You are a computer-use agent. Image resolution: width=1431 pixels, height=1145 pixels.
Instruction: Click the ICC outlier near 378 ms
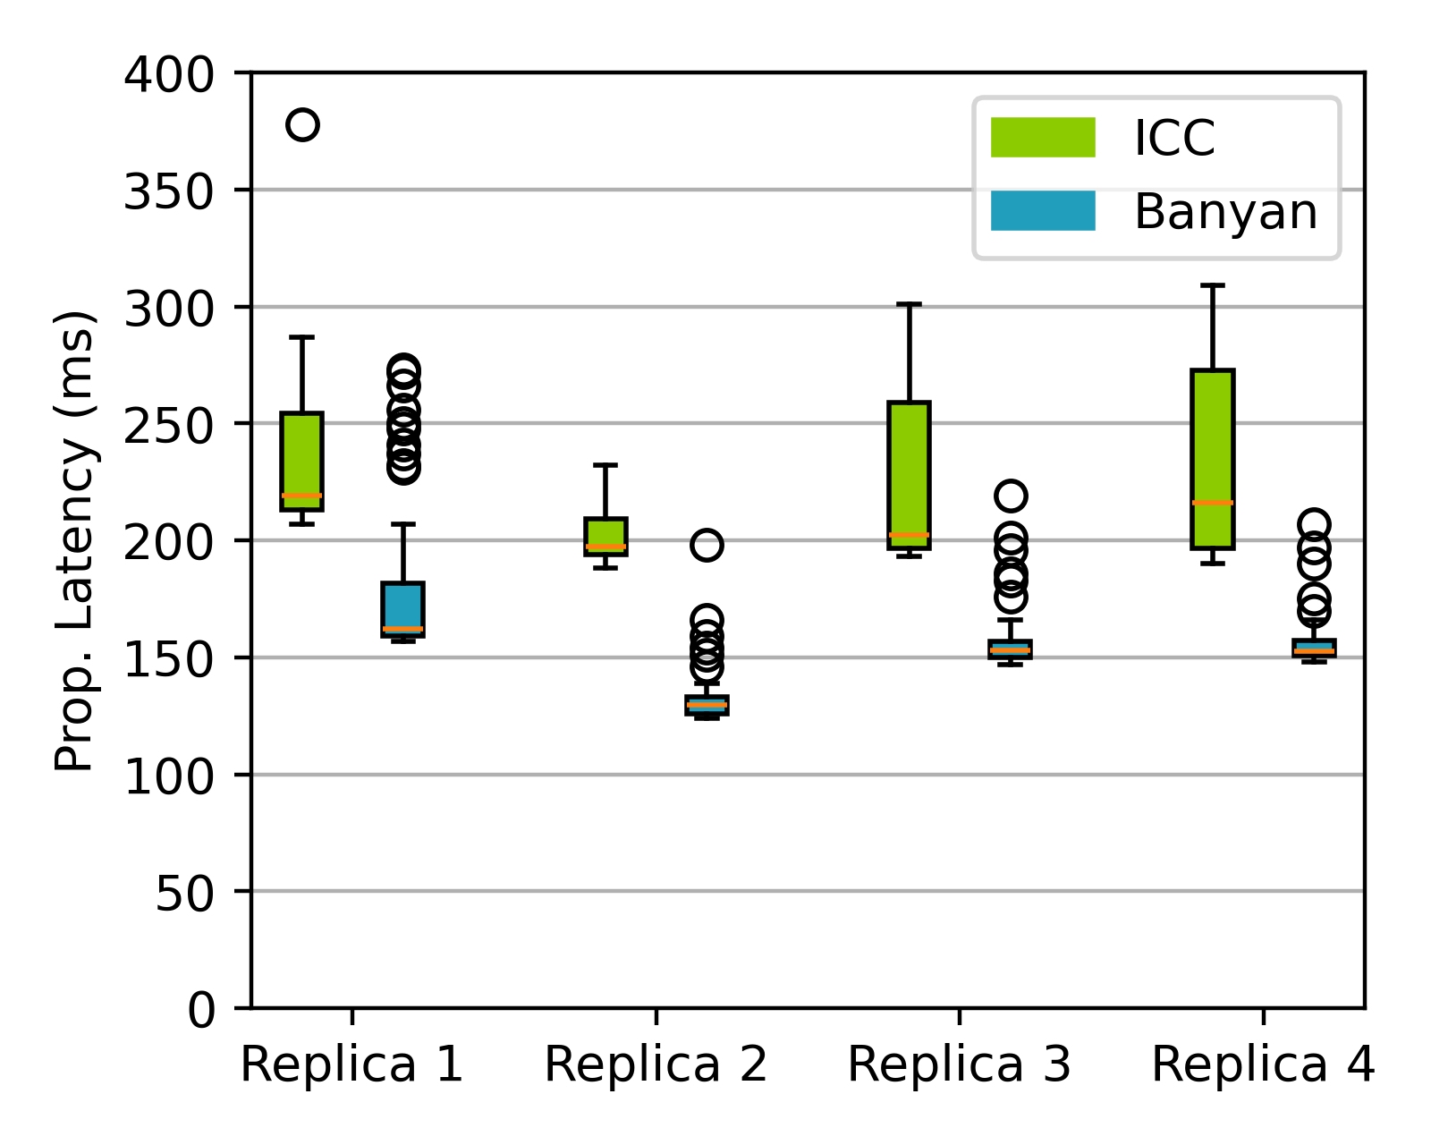[302, 125]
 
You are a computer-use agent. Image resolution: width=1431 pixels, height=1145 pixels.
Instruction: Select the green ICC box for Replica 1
[302, 461]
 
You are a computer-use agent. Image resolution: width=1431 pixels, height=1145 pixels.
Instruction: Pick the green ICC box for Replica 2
[605, 536]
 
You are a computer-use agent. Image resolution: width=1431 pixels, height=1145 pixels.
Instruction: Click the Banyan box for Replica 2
[707, 705]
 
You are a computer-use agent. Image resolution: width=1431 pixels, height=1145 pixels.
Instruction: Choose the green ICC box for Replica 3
[909, 474]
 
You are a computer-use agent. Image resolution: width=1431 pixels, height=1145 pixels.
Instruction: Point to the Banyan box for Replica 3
[1010, 649]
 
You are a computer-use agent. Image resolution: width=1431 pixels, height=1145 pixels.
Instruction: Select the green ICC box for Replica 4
[1213, 458]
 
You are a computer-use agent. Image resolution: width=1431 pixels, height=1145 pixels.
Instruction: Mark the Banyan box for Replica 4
[1314, 649]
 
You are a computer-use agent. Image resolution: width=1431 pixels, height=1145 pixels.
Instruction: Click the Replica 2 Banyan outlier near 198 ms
[707, 545]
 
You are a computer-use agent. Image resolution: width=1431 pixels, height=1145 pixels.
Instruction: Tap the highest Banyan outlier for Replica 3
[1010, 496]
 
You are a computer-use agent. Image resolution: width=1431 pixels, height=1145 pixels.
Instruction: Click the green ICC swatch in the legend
[1043, 138]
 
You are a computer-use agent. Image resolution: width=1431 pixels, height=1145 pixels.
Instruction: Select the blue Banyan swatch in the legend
[1043, 211]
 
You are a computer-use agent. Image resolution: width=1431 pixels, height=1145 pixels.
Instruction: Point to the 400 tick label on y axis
[169, 74]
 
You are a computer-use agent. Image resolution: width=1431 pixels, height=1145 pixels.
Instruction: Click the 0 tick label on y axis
[201, 1010]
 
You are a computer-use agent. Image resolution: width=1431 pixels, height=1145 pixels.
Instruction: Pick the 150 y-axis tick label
[169, 658]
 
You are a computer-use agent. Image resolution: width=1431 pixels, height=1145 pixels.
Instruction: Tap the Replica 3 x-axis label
[959, 1065]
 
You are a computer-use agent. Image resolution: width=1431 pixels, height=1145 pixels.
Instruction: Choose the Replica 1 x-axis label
[351, 1065]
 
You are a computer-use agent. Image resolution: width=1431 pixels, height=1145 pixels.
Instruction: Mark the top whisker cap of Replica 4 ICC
[1213, 285]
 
